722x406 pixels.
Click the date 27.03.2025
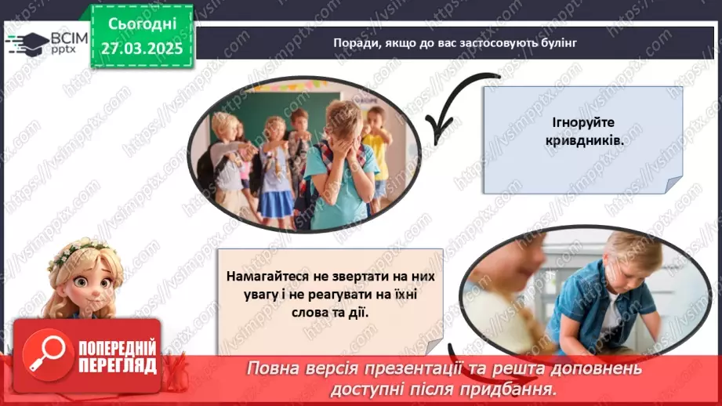pos(141,47)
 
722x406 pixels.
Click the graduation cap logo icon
pos(26,43)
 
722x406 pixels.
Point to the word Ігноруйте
pos(582,124)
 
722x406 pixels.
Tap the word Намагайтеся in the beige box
pos(265,277)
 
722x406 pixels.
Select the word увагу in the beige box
pos(243,294)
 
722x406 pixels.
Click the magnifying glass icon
pos(45,350)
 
